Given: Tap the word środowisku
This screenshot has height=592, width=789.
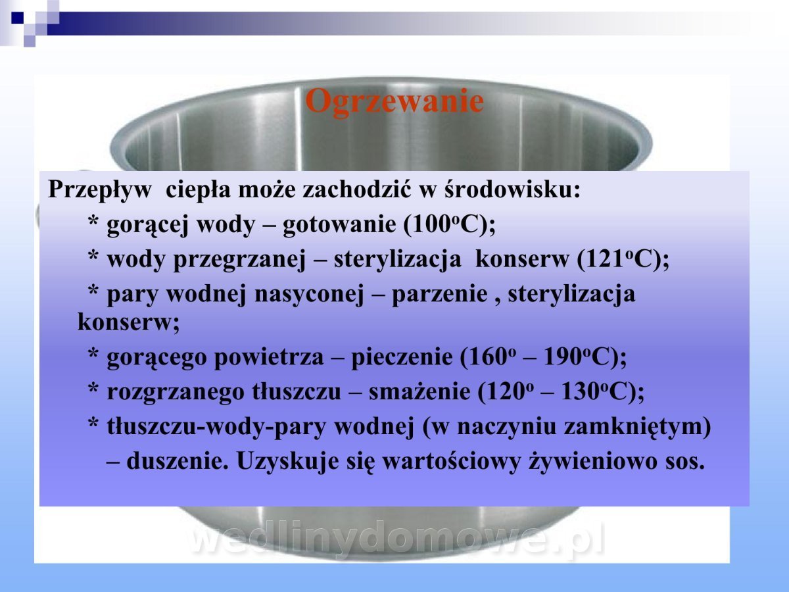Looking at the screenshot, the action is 512,189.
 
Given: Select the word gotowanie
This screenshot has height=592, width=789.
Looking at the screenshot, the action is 339,225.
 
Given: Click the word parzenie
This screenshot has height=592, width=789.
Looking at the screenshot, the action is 439,295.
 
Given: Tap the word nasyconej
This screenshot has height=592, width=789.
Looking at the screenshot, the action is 309,295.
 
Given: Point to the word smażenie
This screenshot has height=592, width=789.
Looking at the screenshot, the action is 419,392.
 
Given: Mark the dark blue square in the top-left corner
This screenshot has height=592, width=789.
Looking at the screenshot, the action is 17,18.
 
